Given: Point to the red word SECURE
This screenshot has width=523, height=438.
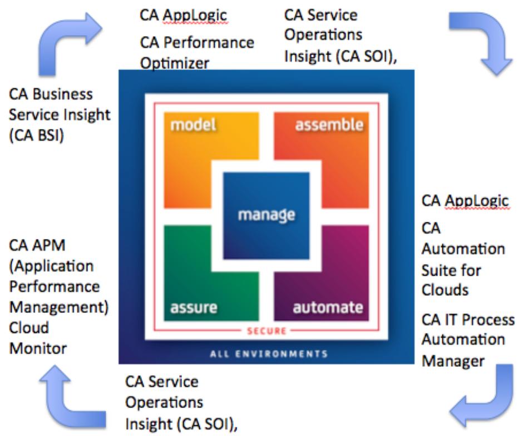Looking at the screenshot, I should click(267, 332).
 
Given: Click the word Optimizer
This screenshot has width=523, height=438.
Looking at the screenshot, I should click(174, 63).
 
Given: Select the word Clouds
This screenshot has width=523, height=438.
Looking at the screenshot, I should click(446, 291).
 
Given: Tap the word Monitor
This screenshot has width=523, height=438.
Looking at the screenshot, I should click(38, 349).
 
